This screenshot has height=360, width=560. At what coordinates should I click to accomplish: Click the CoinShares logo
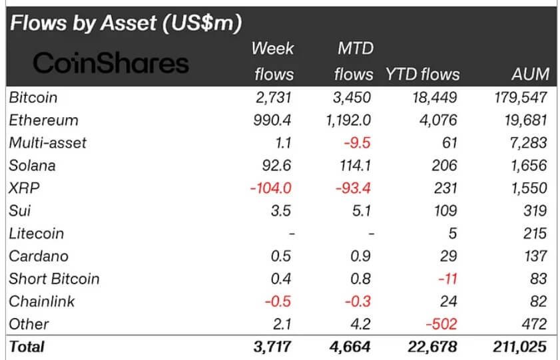111,63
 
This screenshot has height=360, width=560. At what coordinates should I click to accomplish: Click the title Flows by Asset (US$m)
123,23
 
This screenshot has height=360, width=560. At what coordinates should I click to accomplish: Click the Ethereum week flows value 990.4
274,120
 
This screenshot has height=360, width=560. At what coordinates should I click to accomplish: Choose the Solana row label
32,166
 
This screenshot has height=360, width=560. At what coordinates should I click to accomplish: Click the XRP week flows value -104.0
271,188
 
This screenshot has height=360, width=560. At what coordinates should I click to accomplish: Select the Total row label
27,347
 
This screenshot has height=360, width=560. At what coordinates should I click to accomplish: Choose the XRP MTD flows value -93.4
353,188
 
